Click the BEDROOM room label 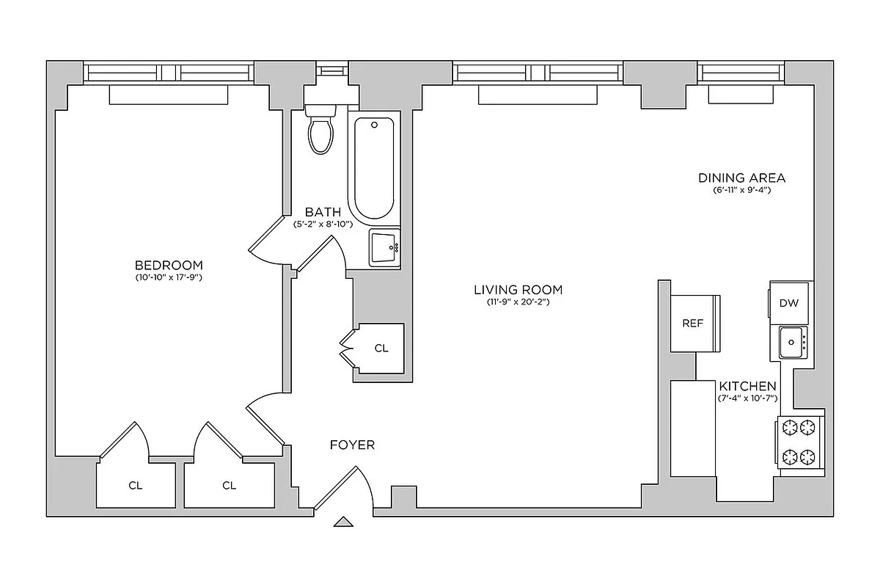(x=169, y=265)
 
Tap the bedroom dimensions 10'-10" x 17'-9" (x=169, y=278)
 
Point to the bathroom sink (x=384, y=247)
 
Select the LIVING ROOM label (x=518, y=290)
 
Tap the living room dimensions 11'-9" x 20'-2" (x=518, y=302)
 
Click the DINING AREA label (x=741, y=178)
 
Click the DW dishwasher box (x=788, y=303)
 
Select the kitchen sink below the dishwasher (x=792, y=342)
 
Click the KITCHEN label (x=747, y=386)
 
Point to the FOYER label (x=352, y=445)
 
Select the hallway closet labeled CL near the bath (x=381, y=349)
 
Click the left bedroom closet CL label (x=136, y=485)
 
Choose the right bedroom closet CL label (x=229, y=485)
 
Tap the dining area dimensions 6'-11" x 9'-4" (x=741, y=190)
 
